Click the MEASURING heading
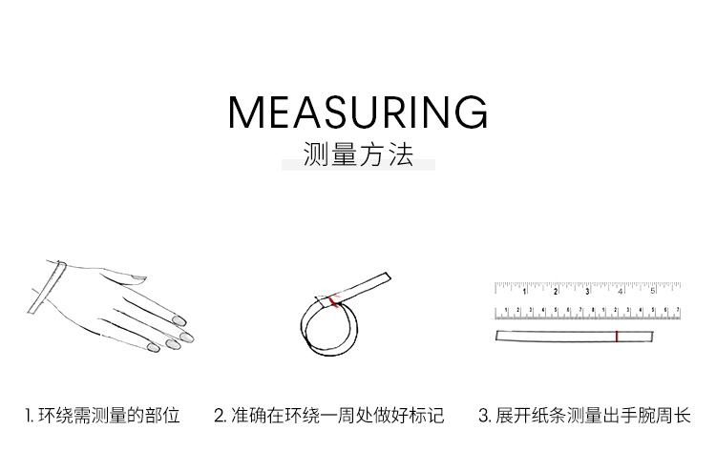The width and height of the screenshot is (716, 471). tap(358, 112)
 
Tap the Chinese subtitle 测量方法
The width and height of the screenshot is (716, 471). tap(358, 154)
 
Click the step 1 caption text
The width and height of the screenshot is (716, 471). tap(103, 416)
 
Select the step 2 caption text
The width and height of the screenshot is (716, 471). tap(328, 416)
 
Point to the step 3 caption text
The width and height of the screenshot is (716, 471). tap(584, 416)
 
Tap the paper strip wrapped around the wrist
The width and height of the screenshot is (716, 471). tap(47, 288)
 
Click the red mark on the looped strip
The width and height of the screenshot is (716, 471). tap(334, 301)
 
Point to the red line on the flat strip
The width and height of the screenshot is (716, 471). tap(617, 337)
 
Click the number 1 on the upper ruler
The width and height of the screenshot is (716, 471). tap(524, 292)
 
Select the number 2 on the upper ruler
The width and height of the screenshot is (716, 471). tap(556, 292)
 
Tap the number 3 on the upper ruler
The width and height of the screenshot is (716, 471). tap(588, 292)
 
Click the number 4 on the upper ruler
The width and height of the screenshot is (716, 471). tap(621, 292)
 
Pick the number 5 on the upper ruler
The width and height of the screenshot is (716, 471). tap(653, 291)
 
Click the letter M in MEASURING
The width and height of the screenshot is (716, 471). tap(244, 113)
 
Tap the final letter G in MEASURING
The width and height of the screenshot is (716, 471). tap(472, 113)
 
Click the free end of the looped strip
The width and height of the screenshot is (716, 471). tap(388, 277)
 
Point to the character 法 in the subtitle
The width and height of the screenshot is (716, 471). tap(402, 154)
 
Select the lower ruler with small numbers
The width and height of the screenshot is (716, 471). tap(588, 313)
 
